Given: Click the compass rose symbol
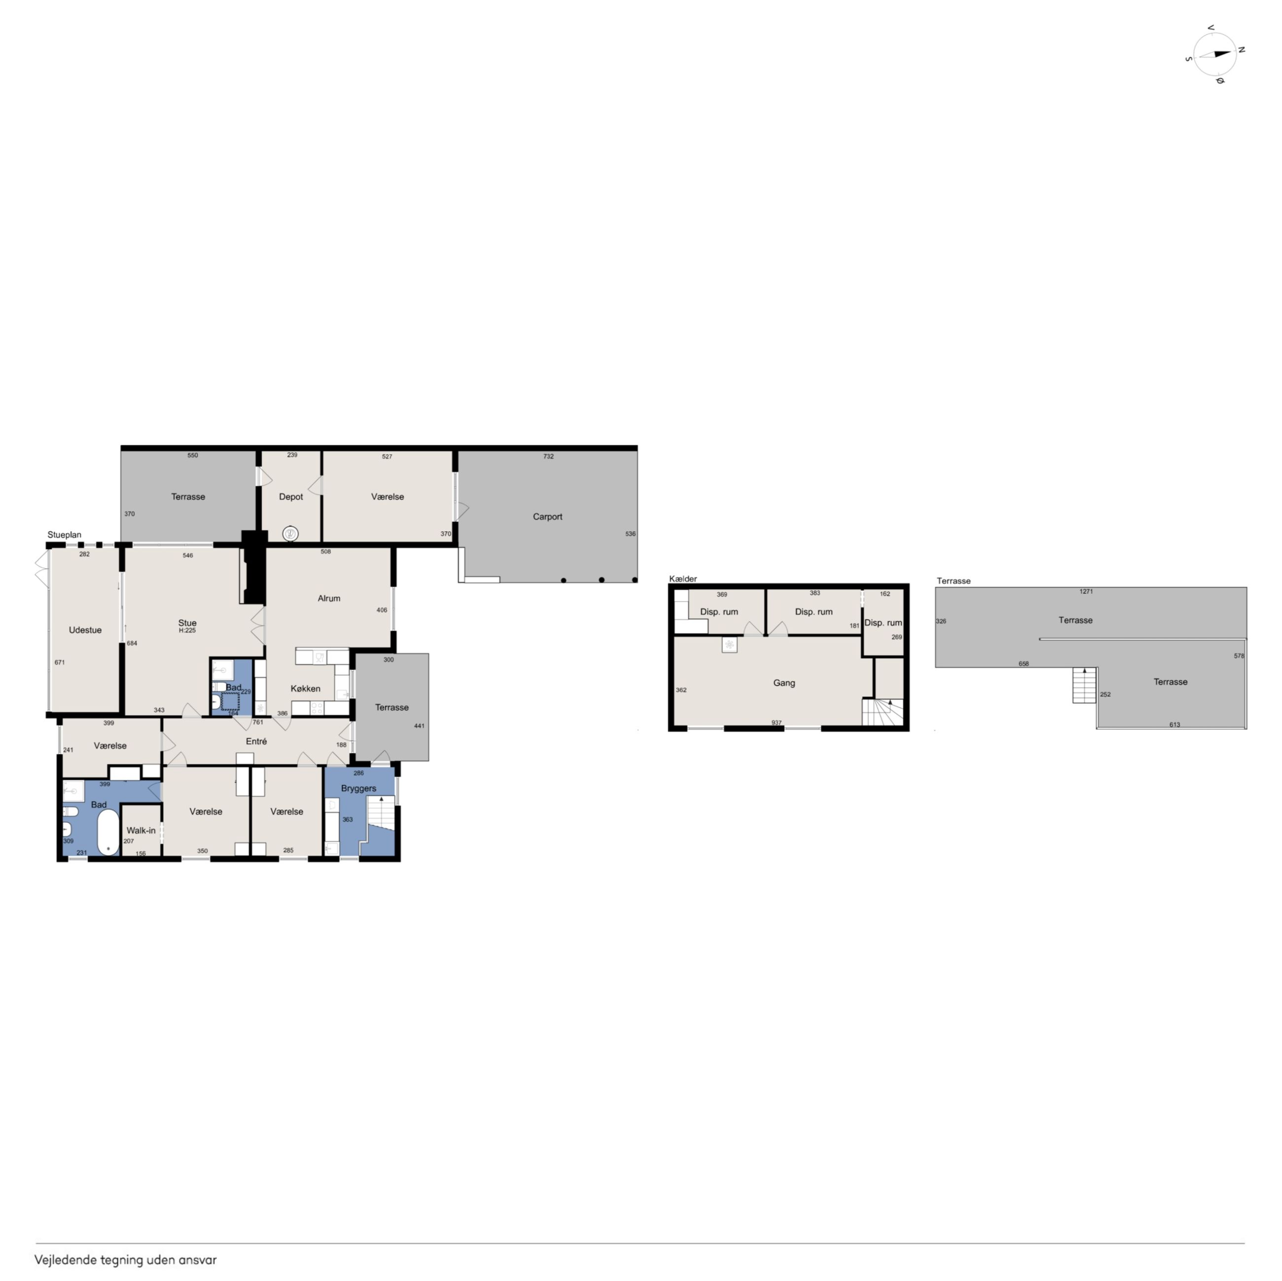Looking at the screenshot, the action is (1215, 54).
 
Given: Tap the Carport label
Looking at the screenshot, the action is (547, 516).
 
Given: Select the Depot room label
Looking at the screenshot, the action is (290, 497).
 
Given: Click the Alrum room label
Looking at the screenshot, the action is (328, 598).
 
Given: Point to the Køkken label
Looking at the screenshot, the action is (305, 688).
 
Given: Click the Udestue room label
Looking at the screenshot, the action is (85, 630).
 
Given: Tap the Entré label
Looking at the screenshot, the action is (256, 741).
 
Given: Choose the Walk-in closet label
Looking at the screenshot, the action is (141, 830).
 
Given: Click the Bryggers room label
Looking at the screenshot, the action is (358, 789).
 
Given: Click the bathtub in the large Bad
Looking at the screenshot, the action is (108, 832).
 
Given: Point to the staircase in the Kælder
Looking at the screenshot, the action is (883, 712).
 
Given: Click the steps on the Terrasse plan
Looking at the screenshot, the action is (1084, 685).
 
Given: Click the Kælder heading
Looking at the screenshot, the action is (683, 579).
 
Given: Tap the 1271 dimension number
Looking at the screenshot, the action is (1086, 591).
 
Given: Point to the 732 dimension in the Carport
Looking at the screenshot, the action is (548, 457).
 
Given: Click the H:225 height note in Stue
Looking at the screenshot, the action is (187, 630).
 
